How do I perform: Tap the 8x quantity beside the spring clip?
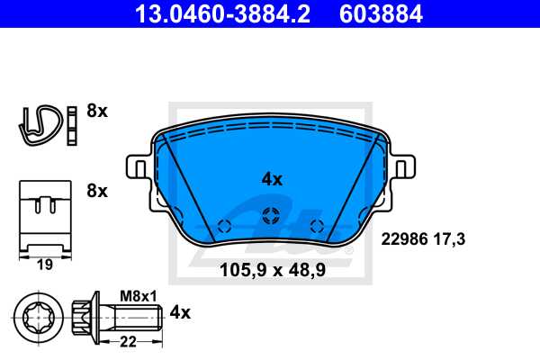click(96, 112)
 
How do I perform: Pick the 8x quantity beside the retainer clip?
click(96, 191)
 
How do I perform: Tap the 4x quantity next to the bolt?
click(181, 313)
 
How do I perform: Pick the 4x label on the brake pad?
click(272, 179)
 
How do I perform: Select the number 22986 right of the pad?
click(407, 238)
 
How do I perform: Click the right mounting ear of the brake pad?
click(402, 167)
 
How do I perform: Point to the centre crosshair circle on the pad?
click(271, 216)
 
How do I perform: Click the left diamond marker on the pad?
click(224, 225)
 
